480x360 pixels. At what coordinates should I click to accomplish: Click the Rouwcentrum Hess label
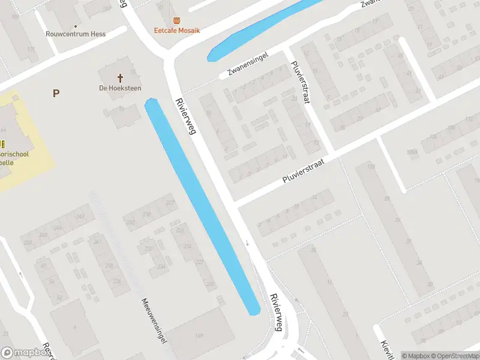(76, 34)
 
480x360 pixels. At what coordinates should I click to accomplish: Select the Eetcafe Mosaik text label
(177, 31)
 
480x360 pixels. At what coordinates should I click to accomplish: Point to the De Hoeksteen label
(120, 88)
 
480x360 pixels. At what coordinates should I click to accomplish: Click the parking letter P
(56, 93)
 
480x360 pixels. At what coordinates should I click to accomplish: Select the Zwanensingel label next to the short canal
(247, 65)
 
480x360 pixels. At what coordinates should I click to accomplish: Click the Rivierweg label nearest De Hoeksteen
(186, 116)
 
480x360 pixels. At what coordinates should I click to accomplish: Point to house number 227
(170, 203)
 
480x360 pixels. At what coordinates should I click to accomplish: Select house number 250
(28, 242)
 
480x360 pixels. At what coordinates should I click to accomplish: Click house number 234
(161, 267)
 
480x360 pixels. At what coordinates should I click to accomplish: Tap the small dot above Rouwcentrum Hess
(76, 26)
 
